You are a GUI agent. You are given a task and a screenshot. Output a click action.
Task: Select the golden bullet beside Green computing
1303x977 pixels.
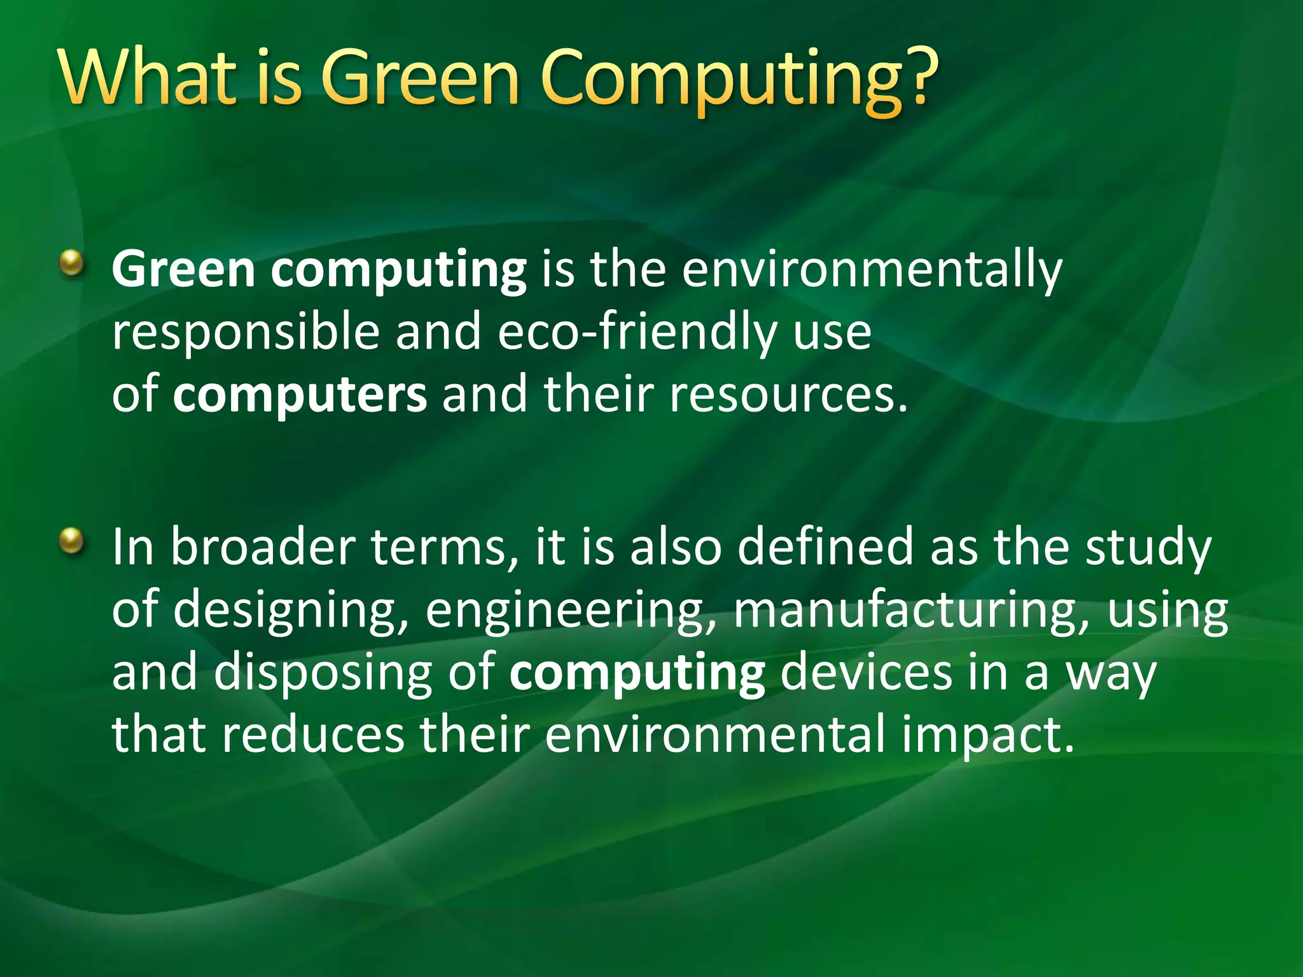coord(72,263)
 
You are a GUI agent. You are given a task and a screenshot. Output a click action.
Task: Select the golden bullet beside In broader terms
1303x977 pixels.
coord(72,541)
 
